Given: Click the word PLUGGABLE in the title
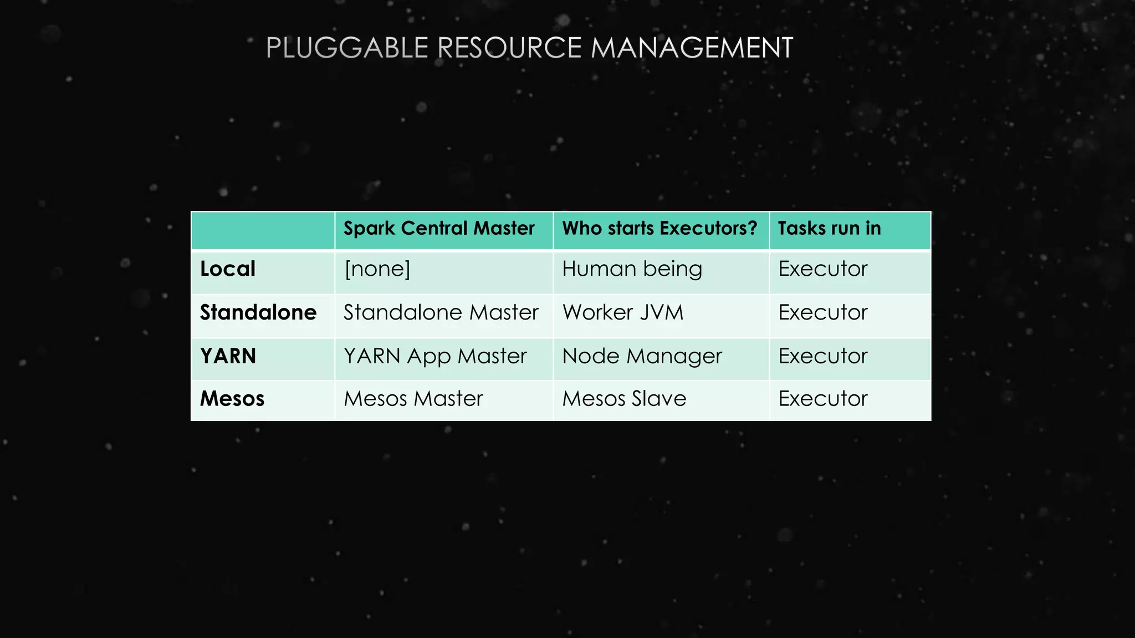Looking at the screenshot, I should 347,48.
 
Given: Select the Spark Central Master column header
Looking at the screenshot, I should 439,228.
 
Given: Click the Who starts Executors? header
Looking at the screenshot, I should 659,228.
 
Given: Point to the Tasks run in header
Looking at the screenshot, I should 829,228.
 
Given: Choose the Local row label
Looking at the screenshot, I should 228,269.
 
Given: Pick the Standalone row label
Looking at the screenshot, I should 258,312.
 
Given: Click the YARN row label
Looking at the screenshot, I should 228,356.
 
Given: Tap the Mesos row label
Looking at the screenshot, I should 232,399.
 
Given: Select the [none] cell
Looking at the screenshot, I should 377,269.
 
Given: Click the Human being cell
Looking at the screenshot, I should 632,269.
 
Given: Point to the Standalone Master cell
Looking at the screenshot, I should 441,312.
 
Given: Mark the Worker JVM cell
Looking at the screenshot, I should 623,312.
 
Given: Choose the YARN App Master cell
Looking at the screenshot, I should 435,356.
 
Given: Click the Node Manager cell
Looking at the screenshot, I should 642,356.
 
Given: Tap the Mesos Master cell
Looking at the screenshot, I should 413,399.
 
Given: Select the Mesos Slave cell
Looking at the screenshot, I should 625,399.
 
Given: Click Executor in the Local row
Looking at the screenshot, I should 823,269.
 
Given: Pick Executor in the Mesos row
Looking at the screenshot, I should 823,399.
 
